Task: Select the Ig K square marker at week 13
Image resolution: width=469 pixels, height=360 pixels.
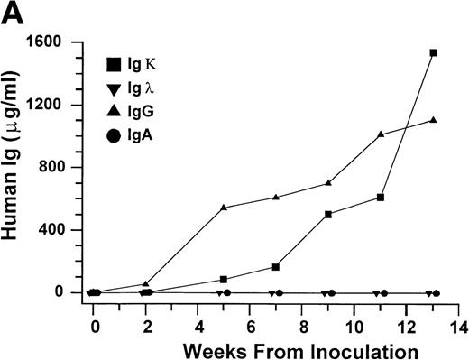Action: pyautogui.click(x=433, y=53)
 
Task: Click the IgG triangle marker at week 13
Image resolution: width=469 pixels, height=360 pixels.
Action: pyautogui.click(x=433, y=120)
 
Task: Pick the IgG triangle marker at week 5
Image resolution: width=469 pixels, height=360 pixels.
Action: pyautogui.click(x=224, y=208)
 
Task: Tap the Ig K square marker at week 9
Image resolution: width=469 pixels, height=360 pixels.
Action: pyautogui.click(x=328, y=215)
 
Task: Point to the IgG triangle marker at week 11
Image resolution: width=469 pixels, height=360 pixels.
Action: pyautogui.click(x=381, y=134)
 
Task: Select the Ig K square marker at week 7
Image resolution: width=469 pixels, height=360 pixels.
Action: pyautogui.click(x=276, y=267)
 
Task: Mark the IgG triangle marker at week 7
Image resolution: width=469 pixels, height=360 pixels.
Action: pyautogui.click(x=276, y=197)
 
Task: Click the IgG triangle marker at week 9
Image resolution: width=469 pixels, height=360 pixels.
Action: pyautogui.click(x=328, y=183)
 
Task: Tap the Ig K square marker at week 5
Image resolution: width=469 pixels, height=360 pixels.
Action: pyautogui.click(x=224, y=279)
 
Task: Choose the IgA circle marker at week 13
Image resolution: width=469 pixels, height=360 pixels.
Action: pyautogui.click(x=437, y=293)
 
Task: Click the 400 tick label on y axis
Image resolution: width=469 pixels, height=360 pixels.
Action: pyautogui.click(x=62, y=230)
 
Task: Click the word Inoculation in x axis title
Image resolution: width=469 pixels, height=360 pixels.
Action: pyautogui.click(x=369, y=348)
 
